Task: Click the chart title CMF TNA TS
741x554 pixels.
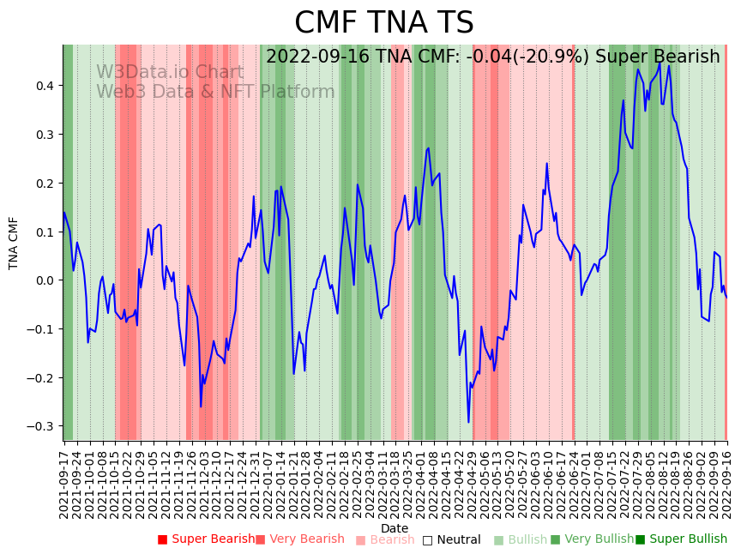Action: [x=383, y=23]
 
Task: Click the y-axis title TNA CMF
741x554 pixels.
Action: [x=14, y=244]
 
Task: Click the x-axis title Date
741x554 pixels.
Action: [x=395, y=528]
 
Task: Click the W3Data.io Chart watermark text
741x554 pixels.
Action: [x=170, y=72]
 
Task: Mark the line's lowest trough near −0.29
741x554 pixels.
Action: [x=468, y=422]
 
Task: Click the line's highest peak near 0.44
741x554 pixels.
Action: [x=660, y=63]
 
